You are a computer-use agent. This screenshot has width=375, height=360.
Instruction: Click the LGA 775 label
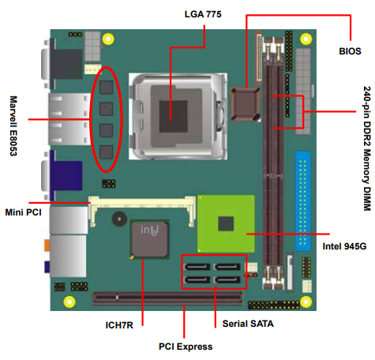click(x=203, y=14)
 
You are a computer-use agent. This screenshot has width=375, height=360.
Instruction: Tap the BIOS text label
click(x=350, y=51)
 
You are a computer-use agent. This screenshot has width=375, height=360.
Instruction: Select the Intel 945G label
click(x=344, y=246)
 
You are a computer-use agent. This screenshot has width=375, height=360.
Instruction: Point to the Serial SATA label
click(x=248, y=324)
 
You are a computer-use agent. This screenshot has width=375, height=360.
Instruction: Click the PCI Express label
click(x=186, y=347)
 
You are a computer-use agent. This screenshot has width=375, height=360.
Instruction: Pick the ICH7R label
click(x=119, y=325)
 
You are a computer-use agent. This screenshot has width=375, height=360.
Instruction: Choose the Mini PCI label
click(x=24, y=212)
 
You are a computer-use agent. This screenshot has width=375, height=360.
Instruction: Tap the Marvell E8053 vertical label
click(x=13, y=126)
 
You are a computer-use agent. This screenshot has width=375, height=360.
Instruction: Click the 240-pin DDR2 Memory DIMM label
click(x=367, y=148)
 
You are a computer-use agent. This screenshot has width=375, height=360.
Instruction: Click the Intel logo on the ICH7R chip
click(x=149, y=230)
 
